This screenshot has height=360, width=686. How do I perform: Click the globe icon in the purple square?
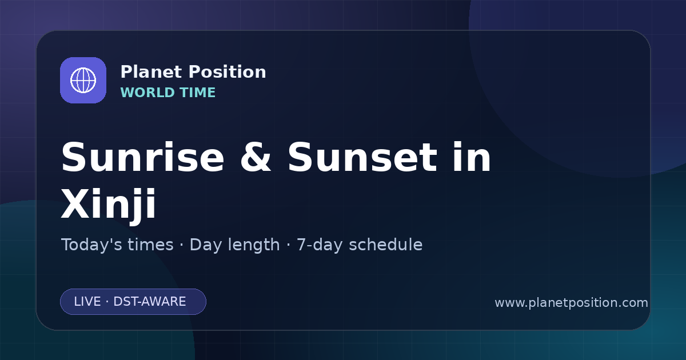click(x=83, y=81)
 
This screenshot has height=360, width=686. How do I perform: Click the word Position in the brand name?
click(x=228, y=72)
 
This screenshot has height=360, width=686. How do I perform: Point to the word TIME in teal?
click(x=198, y=93)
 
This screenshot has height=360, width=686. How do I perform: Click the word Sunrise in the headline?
click(x=143, y=157)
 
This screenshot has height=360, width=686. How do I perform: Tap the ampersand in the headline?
click(x=256, y=157)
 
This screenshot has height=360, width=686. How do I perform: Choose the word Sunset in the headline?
click(x=362, y=157)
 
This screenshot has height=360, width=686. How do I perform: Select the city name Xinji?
click(x=109, y=204)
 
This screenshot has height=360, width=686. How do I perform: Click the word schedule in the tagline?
click(x=386, y=245)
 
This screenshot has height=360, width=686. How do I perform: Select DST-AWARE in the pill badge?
click(x=150, y=302)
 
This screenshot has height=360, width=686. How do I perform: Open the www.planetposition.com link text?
click(x=572, y=303)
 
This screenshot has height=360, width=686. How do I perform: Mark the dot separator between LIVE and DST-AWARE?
click(x=107, y=302)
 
